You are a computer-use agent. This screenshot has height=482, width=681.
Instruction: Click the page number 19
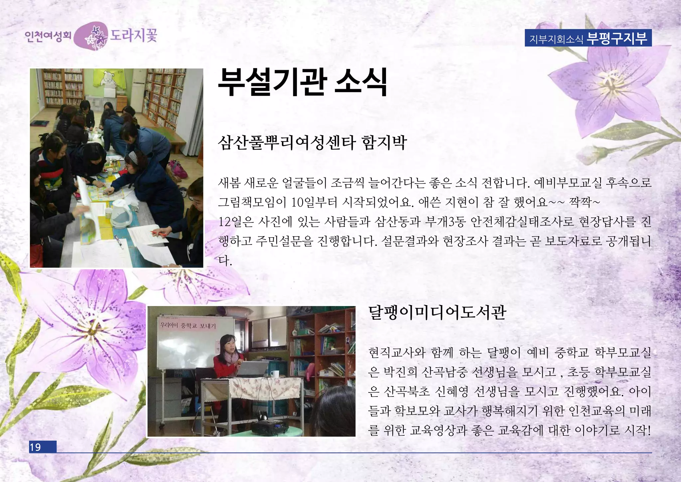(x=35, y=447)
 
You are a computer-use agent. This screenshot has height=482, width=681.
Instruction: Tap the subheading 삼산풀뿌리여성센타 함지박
(x=312, y=142)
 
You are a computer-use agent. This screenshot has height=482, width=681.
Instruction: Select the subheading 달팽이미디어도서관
(x=437, y=312)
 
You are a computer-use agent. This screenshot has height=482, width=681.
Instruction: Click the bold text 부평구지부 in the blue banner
(x=617, y=38)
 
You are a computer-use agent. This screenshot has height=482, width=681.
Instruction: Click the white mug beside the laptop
(x=275, y=374)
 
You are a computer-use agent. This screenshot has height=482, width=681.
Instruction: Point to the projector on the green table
(x=269, y=427)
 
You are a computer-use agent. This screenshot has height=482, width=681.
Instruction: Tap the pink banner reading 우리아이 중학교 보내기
(x=188, y=325)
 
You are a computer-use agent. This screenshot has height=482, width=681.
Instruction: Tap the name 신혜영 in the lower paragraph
(x=451, y=391)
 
